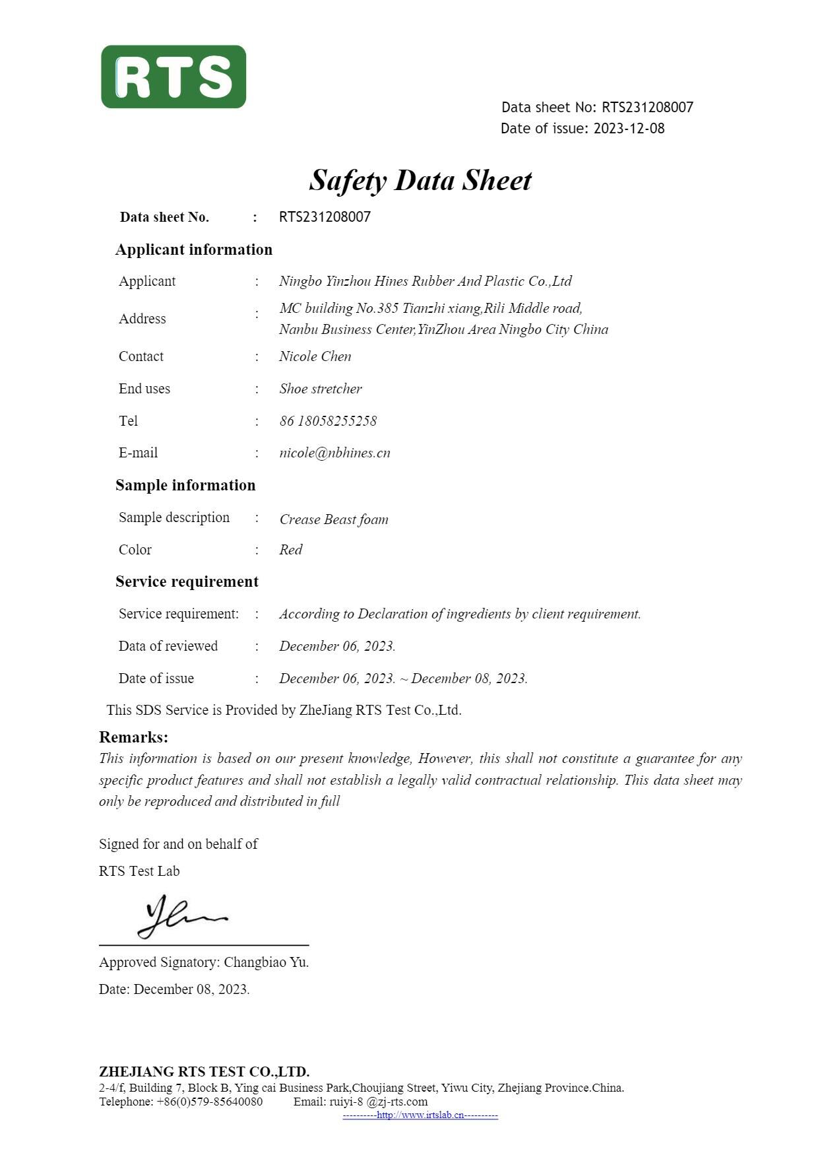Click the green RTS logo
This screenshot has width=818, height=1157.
coord(173,77)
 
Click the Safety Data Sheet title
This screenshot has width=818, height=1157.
coord(420,180)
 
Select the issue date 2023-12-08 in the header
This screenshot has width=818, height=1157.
coord(629,129)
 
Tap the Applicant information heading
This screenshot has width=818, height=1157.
coord(193,249)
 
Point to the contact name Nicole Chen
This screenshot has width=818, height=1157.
coord(315,356)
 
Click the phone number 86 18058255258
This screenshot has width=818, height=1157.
coord(328,421)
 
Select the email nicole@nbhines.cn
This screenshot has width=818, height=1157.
coord(334,453)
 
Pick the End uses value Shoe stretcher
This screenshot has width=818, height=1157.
coord(321,389)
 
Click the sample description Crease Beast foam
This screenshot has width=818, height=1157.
coord(334,519)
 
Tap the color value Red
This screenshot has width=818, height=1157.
coord(290,550)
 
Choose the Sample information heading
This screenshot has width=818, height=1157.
coord(185,485)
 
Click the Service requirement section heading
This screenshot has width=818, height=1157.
coord(187,581)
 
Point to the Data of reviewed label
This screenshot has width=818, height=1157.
coord(168,646)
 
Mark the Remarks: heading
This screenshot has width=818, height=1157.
coord(133,737)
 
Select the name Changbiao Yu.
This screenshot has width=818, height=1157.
coord(266,962)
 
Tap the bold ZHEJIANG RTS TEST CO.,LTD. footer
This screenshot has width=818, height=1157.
coord(204,1071)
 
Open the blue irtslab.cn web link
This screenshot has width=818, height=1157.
coord(420,1115)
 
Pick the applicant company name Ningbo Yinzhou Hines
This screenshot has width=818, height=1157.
coord(425,281)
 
